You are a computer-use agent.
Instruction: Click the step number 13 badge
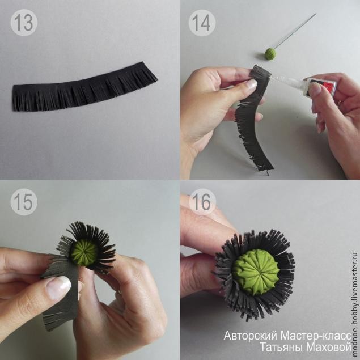[x=24, y=23]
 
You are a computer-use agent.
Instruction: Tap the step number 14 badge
[x=202, y=23]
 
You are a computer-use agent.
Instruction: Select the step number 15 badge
[x=24, y=202]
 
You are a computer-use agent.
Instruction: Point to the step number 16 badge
[x=202, y=202]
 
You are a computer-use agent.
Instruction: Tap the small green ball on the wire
[x=270, y=53]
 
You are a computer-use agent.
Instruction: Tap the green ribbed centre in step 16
[x=256, y=272]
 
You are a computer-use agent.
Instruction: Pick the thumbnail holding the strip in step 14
[x=251, y=84]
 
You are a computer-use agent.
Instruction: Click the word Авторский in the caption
[x=251, y=336]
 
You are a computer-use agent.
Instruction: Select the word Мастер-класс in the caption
[x=316, y=336]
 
